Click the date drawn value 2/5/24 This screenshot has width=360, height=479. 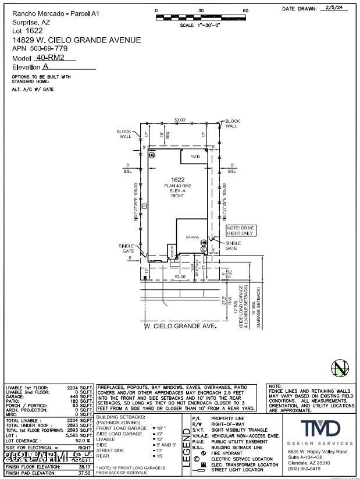[x=334, y=9]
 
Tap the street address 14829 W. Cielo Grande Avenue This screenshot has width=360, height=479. [x=76, y=40]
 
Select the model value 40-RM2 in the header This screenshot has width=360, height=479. [x=49, y=58]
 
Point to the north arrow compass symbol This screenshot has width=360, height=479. [x=339, y=369]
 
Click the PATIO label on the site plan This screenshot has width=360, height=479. [x=195, y=157]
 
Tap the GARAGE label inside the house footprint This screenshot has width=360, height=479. [x=193, y=237]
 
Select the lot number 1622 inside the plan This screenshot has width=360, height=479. [x=177, y=179]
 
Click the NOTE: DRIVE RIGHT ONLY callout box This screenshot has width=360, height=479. [x=240, y=230]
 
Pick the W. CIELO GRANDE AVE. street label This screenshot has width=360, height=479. [x=180, y=326]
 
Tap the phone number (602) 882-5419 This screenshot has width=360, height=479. [x=304, y=469]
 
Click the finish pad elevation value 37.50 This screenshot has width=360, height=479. [x=84, y=473]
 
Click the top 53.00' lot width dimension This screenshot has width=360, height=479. [x=180, y=120]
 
